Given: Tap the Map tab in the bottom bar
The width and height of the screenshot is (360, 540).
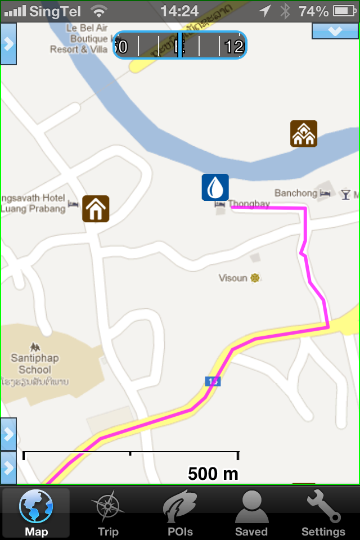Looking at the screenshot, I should tap(36, 513).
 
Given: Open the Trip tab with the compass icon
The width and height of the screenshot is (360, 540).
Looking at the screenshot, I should tap(107, 513).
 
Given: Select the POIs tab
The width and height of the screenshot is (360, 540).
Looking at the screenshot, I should tap(180, 513).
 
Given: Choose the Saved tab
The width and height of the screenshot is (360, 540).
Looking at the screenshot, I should tap(251, 513).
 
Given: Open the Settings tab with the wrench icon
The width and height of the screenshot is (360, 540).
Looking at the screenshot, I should tap(323, 513).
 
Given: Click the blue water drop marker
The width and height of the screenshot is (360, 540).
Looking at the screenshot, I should tap(215, 187).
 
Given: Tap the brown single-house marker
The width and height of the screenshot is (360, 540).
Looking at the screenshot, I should tap(96, 209).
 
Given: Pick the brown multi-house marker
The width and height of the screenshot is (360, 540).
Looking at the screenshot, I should tap(304, 134).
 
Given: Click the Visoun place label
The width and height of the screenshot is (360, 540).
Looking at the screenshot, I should tap(233, 278).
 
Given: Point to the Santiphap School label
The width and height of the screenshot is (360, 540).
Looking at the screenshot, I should tap(35, 363).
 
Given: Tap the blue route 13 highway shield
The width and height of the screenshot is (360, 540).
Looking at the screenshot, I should tap(213, 381).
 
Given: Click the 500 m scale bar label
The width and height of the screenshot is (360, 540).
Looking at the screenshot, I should tap(213, 474).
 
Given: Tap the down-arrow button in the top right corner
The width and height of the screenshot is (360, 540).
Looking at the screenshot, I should tap(335, 31).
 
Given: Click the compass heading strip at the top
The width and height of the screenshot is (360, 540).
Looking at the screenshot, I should tap(179, 45).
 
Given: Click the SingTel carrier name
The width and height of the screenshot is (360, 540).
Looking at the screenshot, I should tap(55, 11).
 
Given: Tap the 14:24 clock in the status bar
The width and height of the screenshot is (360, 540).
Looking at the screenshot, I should tap(179, 11).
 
